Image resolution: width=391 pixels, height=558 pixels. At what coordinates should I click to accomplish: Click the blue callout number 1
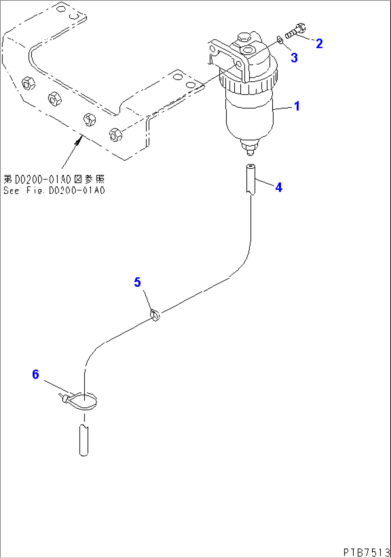click(x=297, y=106)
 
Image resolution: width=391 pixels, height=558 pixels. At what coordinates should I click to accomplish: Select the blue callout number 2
click(x=319, y=44)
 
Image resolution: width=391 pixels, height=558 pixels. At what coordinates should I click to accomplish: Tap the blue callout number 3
click(x=294, y=57)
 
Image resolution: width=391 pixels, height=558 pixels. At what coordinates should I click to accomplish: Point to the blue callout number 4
click(x=278, y=187)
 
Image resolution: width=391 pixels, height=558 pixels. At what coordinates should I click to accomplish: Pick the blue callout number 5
click(x=137, y=282)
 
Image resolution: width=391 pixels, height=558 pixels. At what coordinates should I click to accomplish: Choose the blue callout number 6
click(x=35, y=375)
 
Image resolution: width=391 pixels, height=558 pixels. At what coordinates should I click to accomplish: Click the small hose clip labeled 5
click(x=156, y=315)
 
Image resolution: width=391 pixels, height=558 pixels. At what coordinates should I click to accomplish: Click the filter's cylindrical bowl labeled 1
click(x=249, y=115)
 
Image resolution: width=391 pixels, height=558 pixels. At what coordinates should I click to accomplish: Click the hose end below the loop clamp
click(x=83, y=440)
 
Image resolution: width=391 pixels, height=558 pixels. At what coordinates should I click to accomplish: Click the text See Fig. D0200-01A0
click(x=54, y=190)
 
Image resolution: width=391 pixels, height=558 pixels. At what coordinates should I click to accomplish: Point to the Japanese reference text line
click(x=54, y=179)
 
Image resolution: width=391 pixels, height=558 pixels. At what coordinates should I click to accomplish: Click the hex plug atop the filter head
click(x=243, y=37)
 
